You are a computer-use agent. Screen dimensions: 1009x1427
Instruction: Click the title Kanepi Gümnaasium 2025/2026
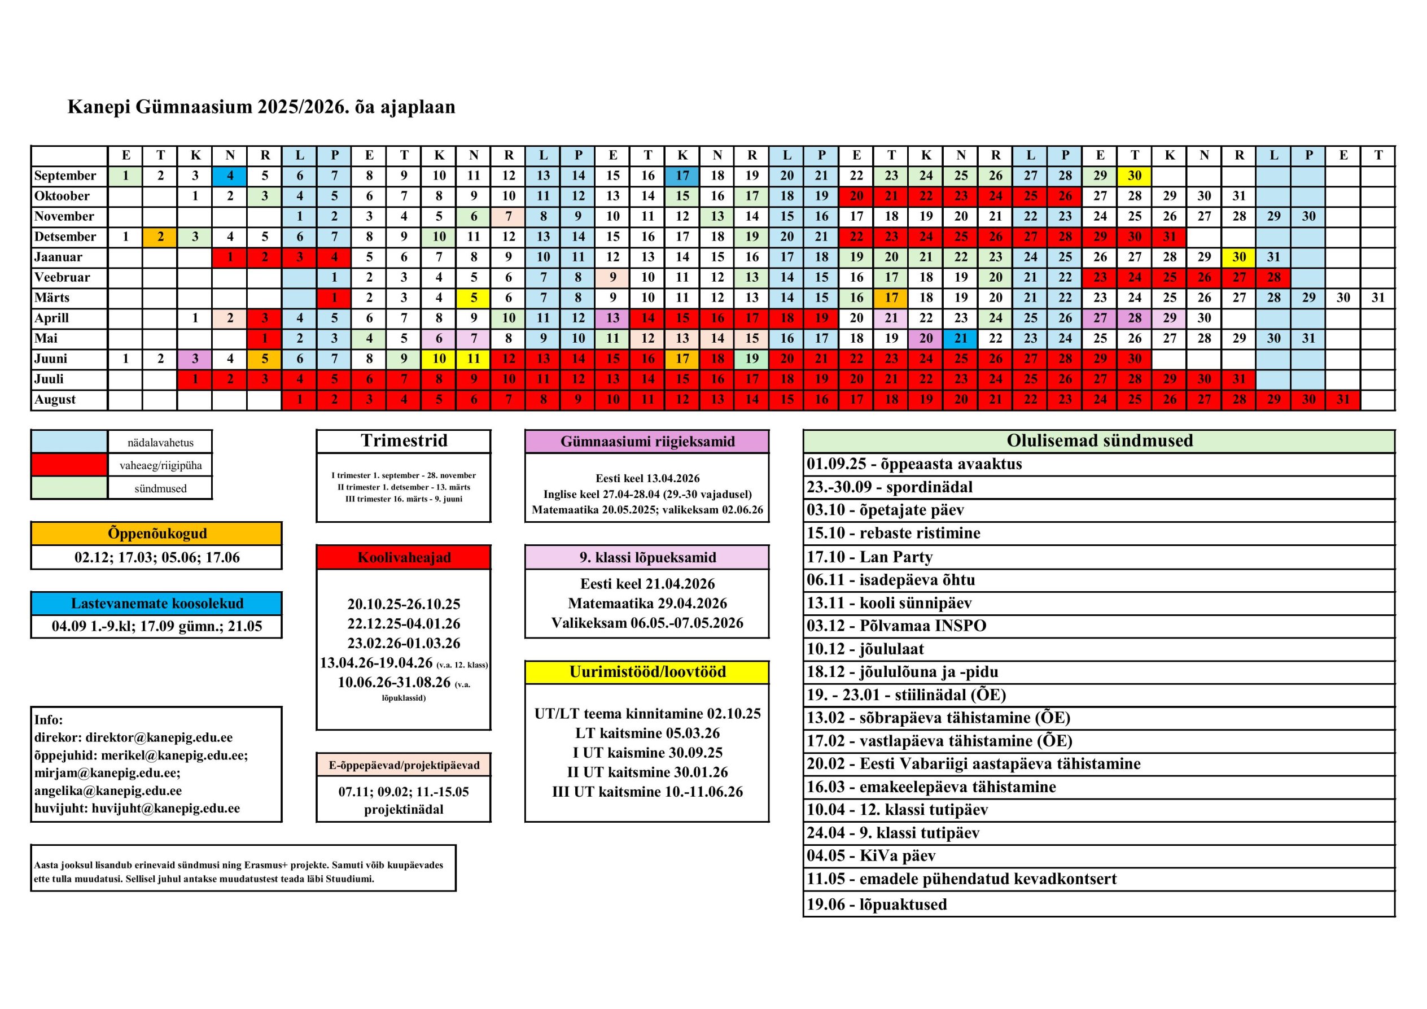pyautogui.click(x=261, y=107)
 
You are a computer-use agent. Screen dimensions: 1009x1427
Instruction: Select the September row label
pyautogui.click(x=65, y=175)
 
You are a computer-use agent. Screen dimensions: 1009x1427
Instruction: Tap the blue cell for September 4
pyautogui.click(x=230, y=175)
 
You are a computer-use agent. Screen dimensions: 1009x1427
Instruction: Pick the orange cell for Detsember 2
pyautogui.click(x=160, y=237)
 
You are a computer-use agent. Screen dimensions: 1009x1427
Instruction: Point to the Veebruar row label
pyautogui.click(x=62, y=277)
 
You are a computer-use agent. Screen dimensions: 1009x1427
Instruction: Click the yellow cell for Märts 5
pyautogui.click(x=474, y=298)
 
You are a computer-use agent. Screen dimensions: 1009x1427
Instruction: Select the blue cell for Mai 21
pyautogui.click(x=961, y=338)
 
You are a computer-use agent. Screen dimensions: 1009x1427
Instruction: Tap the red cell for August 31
pyautogui.click(x=1343, y=399)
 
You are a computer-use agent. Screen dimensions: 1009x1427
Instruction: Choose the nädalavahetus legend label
pyautogui.click(x=160, y=443)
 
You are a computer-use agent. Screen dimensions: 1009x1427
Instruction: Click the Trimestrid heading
pyautogui.click(x=404, y=441)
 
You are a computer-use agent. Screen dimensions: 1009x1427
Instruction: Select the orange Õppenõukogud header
pyautogui.click(x=156, y=534)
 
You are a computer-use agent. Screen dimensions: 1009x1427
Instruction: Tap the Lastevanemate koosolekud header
pyautogui.click(x=156, y=603)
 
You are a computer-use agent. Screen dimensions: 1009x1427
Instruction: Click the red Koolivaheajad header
pyautogui.click(x=404, y=557)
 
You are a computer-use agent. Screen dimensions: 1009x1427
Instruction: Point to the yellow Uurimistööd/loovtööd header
pyautogui.click(x=647, y=672)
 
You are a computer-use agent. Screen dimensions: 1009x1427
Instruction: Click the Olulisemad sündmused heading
pyautogui.click(x=1099, y=441)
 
